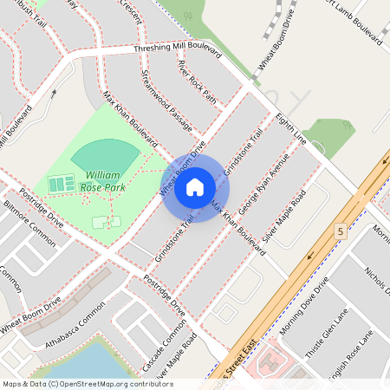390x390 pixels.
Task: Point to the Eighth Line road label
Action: pyautogui.click(x=291, y=127)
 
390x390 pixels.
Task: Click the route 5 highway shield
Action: pyautogui.click(x=341, y=231)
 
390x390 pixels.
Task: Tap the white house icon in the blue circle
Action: pyautogui.click(x=195, y=187)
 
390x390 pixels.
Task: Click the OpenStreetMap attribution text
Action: pyautogui.click(x=87, y=384)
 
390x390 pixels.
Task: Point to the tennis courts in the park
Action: pyautogui.click(x=62, y=184)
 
